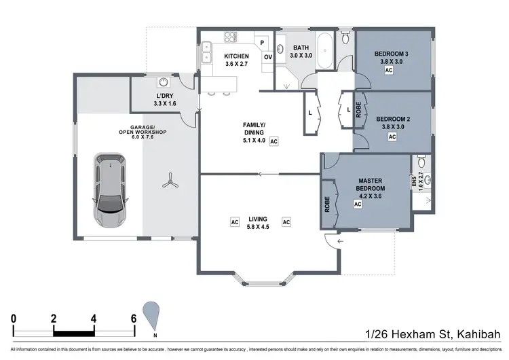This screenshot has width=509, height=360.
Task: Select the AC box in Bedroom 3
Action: pos(389,69)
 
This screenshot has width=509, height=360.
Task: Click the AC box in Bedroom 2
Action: pos(392,137)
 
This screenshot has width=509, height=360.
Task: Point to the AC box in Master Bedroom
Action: pos(358,203)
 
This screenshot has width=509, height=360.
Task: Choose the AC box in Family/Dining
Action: pos(274,141)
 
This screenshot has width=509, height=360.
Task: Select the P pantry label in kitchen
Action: pos(261,43)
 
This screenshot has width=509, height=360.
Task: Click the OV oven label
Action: pos(267,57)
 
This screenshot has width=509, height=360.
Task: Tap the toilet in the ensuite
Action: pos(421,162)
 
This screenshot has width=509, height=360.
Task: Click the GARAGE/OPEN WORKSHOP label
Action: pos(143,130)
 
